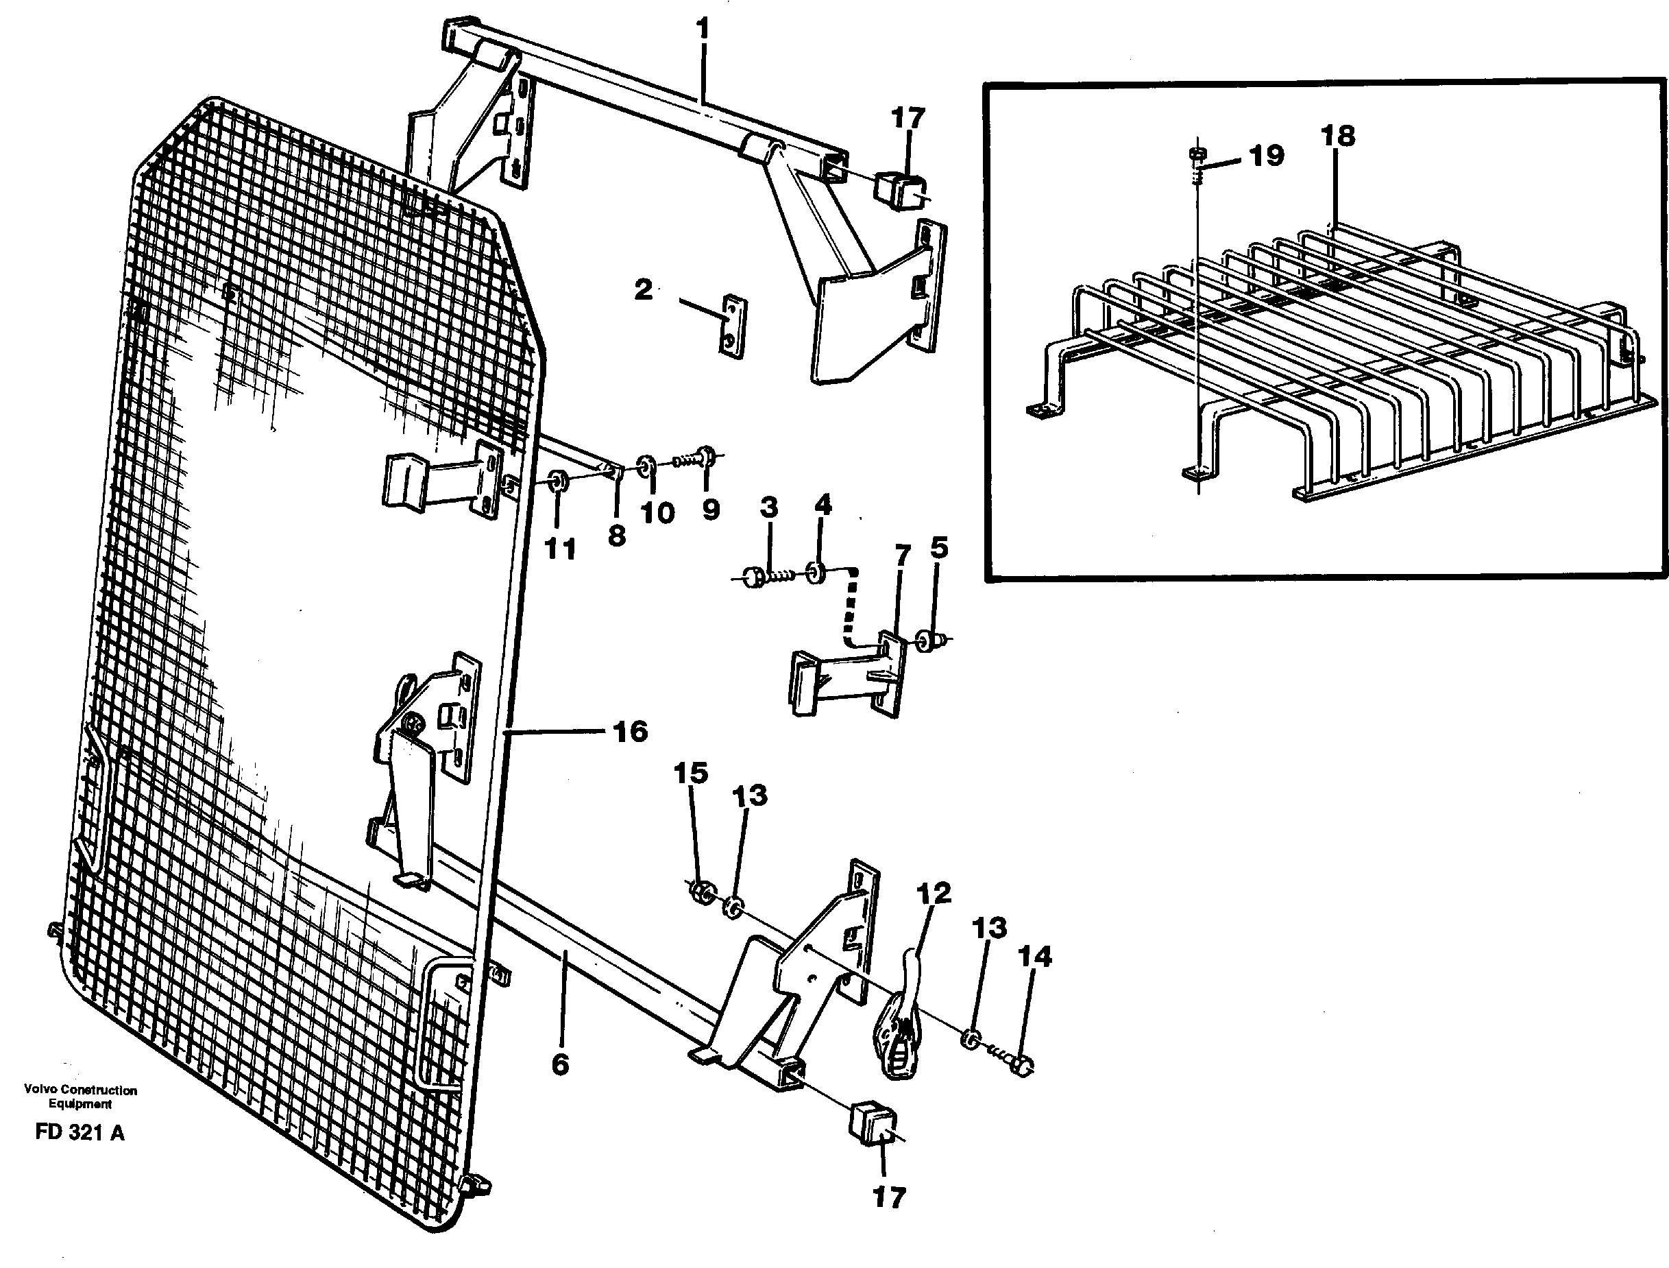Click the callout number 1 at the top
[x=703, y=31]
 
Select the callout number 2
[x=643, y=290]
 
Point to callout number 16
[x=630, y=731]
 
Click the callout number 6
[x=560, y=1065]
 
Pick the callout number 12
[x=934, y=894]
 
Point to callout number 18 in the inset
[x=1338, y=136]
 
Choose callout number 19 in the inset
[x=1266, y=156]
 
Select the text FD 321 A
[x=80, y=1133]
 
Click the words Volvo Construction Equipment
[x=80, y=1097]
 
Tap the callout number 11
[x=560, y=549]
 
